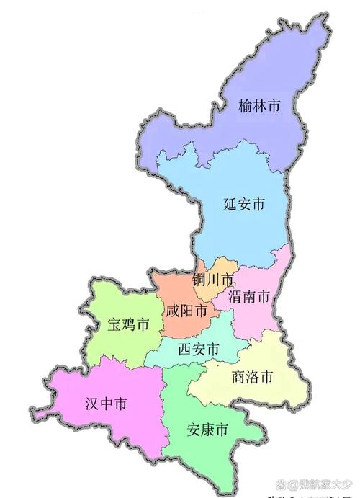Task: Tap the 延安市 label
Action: point(243,204)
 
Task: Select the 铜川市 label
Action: point(214,279)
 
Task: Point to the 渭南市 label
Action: point(249,296)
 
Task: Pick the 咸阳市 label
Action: point(186,312)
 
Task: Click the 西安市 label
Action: point(198,350)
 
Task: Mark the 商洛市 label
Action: point(253,377)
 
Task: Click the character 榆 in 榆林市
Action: point(246,108)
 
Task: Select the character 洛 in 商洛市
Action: point(253,377)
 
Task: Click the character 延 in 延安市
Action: point(230,204)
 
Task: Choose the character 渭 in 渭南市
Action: point(235,296)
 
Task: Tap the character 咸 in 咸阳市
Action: point(172,312)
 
